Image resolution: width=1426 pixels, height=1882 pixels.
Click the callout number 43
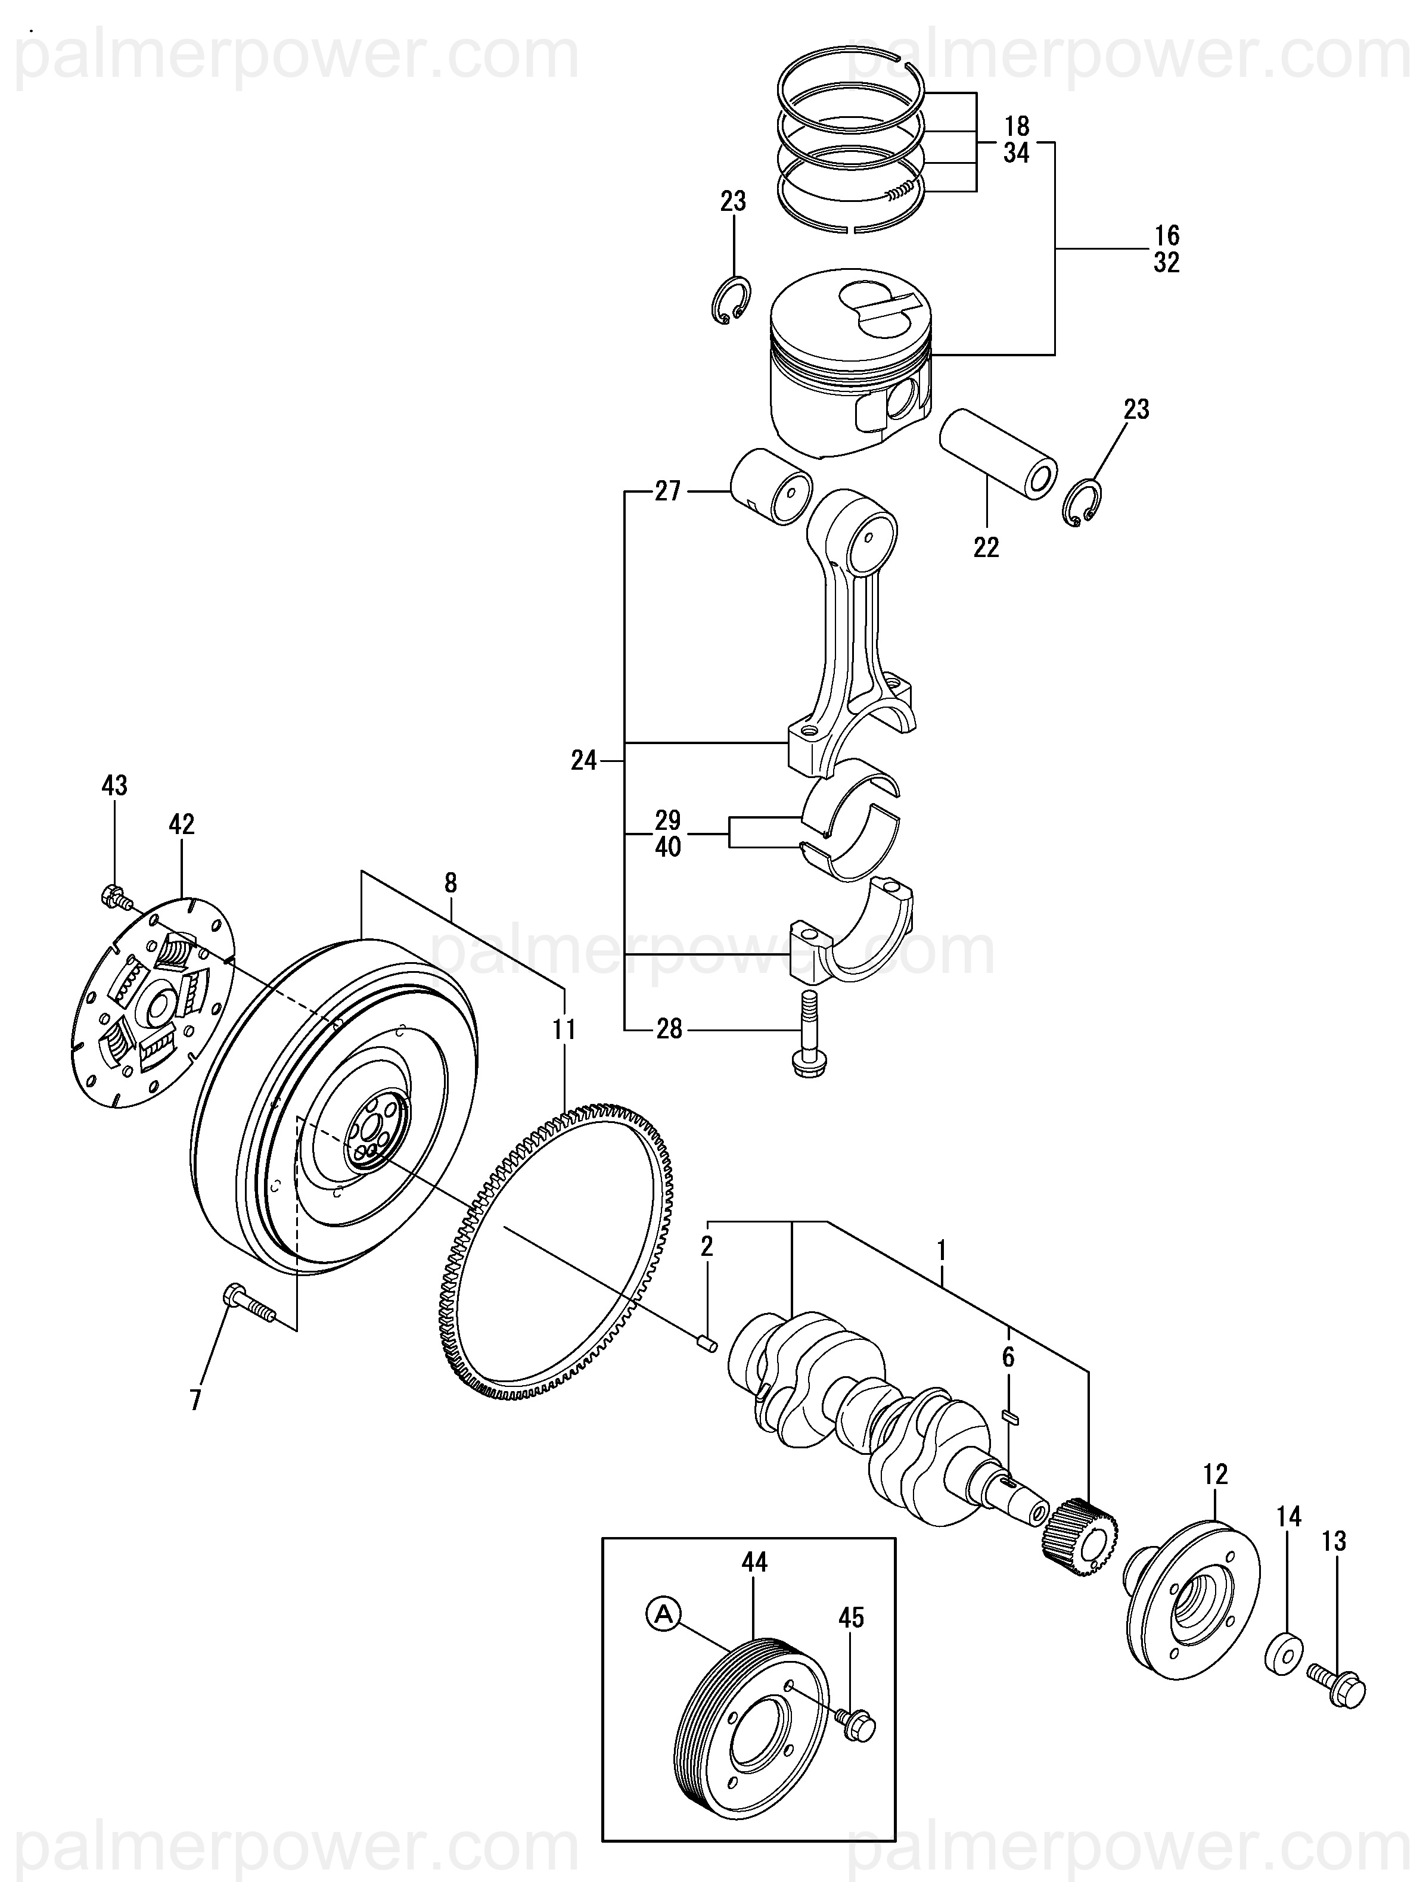pyautogui.click(x=115, y=785)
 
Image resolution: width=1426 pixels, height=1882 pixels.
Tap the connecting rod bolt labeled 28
pyautogui.click(x=805, y=1037)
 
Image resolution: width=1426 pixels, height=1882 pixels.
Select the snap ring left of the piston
pyautogui.click(x=730, y=300)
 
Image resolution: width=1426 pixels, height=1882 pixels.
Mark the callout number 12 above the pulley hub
pyautogui.click(x=1216, y=1475)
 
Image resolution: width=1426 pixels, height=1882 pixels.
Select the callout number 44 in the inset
pyautogui.click(x=754, y=1562)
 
